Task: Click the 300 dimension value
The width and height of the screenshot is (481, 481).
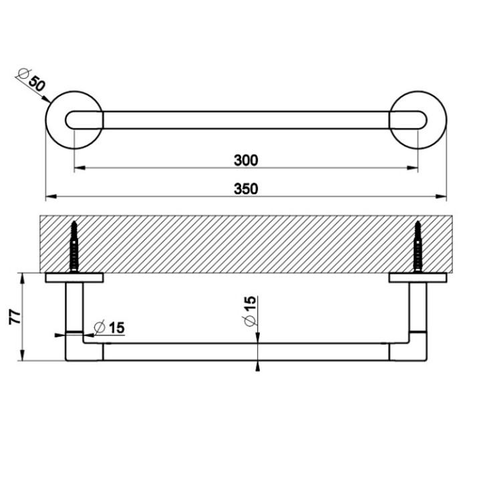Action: [246, 160]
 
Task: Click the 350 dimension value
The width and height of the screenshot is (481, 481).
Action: [246, 189]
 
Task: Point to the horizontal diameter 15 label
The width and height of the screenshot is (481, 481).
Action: [110, 327]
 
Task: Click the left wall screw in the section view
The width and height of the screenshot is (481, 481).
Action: [73, 247]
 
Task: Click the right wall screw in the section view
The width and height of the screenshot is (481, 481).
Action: [419, 247]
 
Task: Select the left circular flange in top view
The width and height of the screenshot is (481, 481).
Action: [73, 121]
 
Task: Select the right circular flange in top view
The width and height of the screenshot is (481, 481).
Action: [418, 121]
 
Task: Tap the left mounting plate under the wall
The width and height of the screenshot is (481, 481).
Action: [73, 277]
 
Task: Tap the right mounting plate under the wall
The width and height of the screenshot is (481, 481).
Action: [418, 277]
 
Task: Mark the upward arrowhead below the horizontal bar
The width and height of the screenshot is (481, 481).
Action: [258, 365]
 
